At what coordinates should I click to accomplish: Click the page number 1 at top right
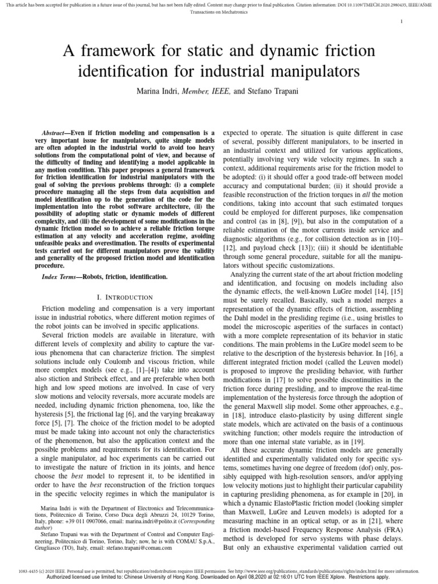click(402, 22)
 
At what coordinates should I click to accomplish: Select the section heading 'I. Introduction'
click(122, 297)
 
